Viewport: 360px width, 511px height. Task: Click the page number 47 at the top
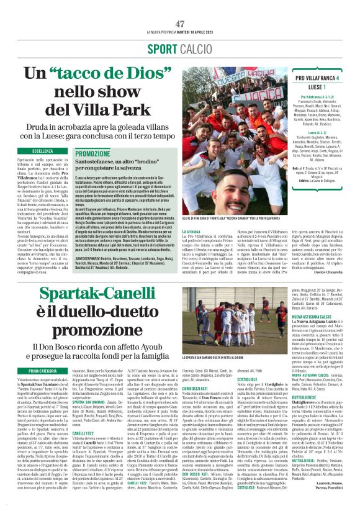pyautogui.click(x=180, y=24)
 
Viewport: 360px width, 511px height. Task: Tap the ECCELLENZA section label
pyautogui.click(x=42, y=150)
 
